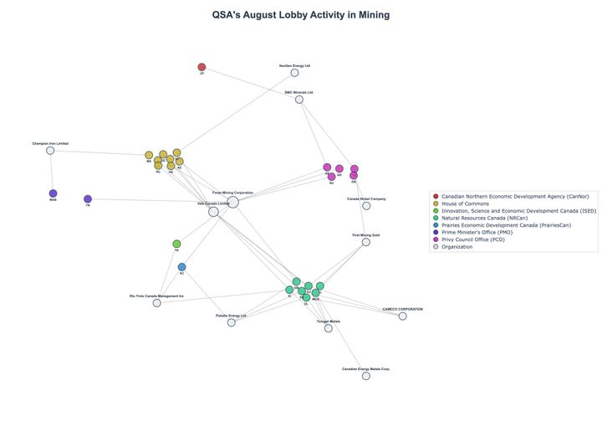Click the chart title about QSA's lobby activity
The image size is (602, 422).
(300, 15)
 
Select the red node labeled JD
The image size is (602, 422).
(202, 67)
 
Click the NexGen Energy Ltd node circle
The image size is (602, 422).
(294, 73)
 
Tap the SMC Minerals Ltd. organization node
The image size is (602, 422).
(298, 100)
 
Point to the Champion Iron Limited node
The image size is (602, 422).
(50, 151)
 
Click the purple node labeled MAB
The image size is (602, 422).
(53, 193)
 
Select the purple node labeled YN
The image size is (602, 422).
(88, 199)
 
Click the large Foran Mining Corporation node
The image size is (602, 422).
(232, 202)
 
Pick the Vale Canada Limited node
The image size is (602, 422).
(213, 212)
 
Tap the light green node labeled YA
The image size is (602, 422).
(176, 244)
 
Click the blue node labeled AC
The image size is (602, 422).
(181, 267)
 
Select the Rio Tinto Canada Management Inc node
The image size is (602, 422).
(156, 302)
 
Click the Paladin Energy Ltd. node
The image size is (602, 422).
(232, 322)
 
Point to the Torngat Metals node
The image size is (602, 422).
(329, 328)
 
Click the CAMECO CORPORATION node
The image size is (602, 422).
(402, 316)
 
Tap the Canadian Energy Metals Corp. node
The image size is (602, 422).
(365, 376)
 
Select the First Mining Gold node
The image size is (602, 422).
(365, 242)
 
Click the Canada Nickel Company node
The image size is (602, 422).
(366, 205)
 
